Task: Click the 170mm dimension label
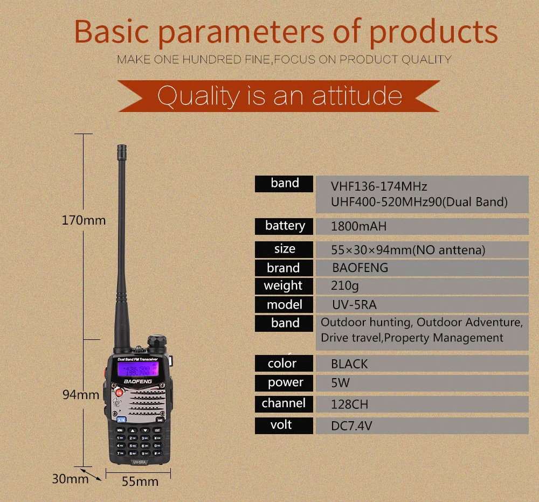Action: (x=84, y=220)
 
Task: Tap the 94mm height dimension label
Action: (x=81, y=395)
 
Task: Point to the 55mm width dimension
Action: (x=140, y=481)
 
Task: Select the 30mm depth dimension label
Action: (x=70, y=478)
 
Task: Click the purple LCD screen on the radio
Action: (x=138, y=369)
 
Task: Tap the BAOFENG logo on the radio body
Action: (x=139, y=381)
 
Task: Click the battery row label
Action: (x=285, y=226)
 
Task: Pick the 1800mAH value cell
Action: (x=359, y=226)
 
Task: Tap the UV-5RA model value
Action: (x=354, y=305)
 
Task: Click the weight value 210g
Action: (x=345, y=286)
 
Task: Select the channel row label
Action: (x=284, y=403)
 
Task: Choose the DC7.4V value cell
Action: (x=351, y=426)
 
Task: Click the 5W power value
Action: (x=341, y=384)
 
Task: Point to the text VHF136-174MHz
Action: (x=379, y=187)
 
